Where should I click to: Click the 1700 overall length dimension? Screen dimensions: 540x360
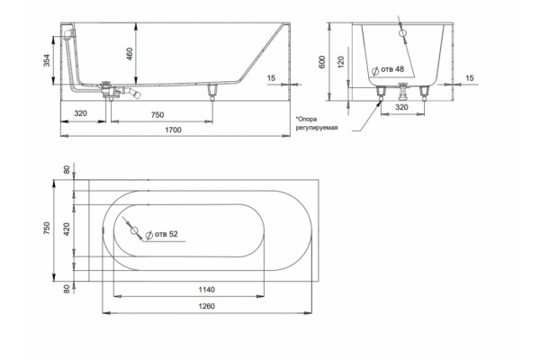[x=173, y=130]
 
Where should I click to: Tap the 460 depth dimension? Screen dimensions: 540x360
[x=130, y=54]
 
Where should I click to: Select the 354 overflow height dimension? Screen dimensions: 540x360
[x=47, y=60]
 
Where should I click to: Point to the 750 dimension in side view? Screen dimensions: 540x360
[x=157, y=115]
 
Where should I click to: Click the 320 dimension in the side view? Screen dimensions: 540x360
[x=81, y=113]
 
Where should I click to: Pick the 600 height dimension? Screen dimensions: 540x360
[x=322, y=62]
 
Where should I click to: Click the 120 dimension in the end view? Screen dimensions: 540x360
[x=341, y=62]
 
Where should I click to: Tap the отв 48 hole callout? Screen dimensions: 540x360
[x=388, y=70]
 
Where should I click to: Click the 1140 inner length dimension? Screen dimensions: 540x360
[x=207, y=290]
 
